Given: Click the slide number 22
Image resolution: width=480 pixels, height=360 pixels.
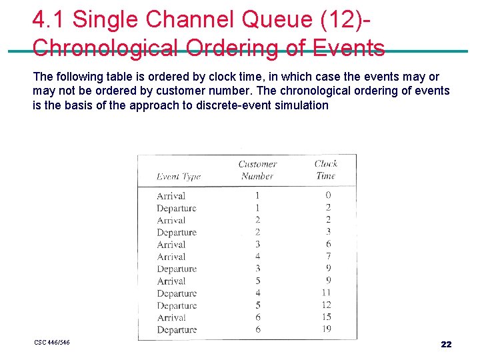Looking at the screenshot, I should [x=446, y=344].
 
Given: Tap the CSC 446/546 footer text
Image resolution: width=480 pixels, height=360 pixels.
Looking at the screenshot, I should [x=52, y=343].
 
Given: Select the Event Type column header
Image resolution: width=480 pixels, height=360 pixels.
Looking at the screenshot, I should [x=178, y=177].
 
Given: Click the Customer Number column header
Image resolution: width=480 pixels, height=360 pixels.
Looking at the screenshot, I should [x=257, y=170].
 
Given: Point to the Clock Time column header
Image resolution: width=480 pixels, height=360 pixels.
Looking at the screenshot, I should [x=326, y=169].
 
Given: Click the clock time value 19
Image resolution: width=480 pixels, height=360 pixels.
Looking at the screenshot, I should [x=326, y=329].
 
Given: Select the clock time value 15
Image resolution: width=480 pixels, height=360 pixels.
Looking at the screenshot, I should [x=326, y=317].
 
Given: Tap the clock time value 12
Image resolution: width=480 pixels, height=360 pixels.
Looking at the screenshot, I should [x=326, y=305].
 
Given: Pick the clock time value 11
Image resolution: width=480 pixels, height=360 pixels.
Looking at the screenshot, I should [x=326, y=293].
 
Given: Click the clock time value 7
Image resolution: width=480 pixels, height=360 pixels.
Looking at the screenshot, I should [x=328, y=256].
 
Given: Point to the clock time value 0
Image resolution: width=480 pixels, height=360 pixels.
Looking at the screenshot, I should [x=328, y=195].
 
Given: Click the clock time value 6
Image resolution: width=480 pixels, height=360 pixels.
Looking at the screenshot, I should [x=328, y=244].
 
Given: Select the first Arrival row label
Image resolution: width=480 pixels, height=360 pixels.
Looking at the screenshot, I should [x=171, y=196].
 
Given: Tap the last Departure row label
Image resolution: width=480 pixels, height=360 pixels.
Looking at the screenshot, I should [x=177, y=330].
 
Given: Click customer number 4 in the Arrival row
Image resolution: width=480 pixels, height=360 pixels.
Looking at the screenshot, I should [x=257, y=257].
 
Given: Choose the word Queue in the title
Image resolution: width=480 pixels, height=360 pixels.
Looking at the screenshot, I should [x=276, y=19].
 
